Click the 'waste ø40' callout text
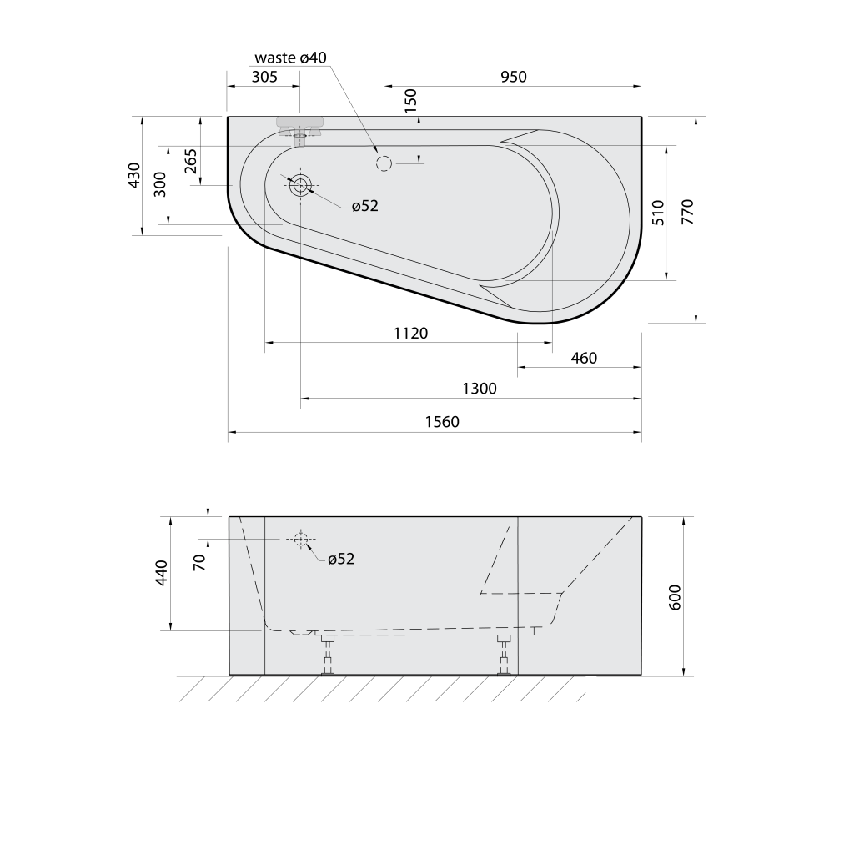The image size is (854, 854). tap(290, 58)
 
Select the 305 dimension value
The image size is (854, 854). tap(264, 77)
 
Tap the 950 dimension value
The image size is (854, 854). tap(514, 77)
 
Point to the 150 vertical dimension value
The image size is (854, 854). tap(410, 101)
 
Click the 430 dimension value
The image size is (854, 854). tap(134, 175)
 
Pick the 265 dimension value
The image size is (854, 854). tap(191, 161)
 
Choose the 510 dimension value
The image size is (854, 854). tap(658, 213)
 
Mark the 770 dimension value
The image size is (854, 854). tap(687, 213)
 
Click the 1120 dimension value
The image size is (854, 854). tap(410, 333)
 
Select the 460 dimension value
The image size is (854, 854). tap(584, 358)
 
